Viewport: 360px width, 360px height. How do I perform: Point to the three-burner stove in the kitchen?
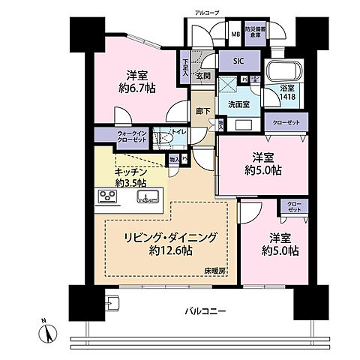pos(106,197)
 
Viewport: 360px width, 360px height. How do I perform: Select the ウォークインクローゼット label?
pos(116,137)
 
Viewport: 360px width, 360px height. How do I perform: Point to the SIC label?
pos(239,62)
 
